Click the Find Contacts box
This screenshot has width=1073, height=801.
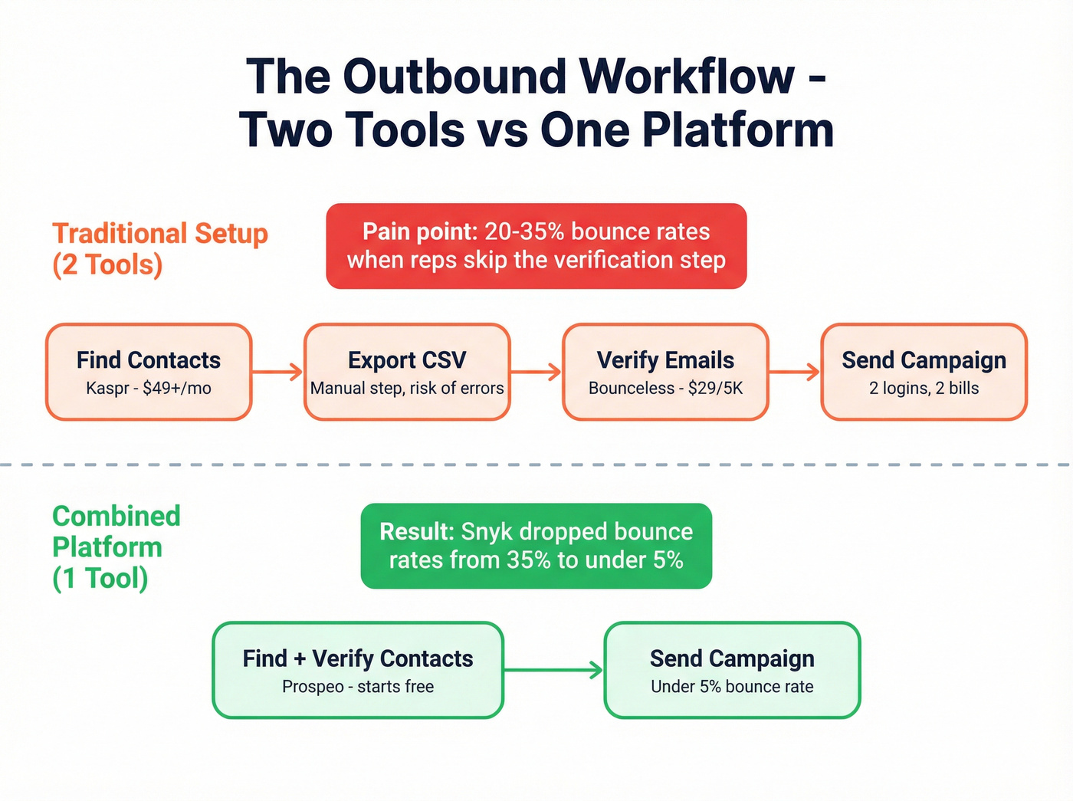click(149, 372)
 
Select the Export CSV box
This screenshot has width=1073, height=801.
click(407, 372)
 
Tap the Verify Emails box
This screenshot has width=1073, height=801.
click(665, 372)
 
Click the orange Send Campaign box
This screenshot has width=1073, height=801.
click(924, 372)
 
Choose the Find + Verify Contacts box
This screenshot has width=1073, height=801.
click(358, 670)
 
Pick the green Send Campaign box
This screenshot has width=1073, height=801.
click(732, 670)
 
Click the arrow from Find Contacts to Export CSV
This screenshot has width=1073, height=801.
click(277, 373)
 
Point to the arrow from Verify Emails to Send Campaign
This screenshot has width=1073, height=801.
click(794, 373)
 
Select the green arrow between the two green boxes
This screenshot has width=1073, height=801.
click(553, 670)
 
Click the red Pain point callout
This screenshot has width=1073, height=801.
click(536, 246)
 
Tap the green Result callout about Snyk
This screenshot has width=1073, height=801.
click(536, 546)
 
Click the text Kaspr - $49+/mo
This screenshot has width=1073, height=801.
click(149, 388)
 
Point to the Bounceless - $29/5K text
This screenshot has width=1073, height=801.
click(665, 388)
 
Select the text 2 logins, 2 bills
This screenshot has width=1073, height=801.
click(924, 388)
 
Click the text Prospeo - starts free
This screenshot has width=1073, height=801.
click(358, 687)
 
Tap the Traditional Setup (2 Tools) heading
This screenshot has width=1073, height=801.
click(159, 248)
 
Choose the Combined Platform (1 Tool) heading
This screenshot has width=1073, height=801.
click(116, 547)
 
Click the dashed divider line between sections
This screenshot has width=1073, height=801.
click(536, 465)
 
